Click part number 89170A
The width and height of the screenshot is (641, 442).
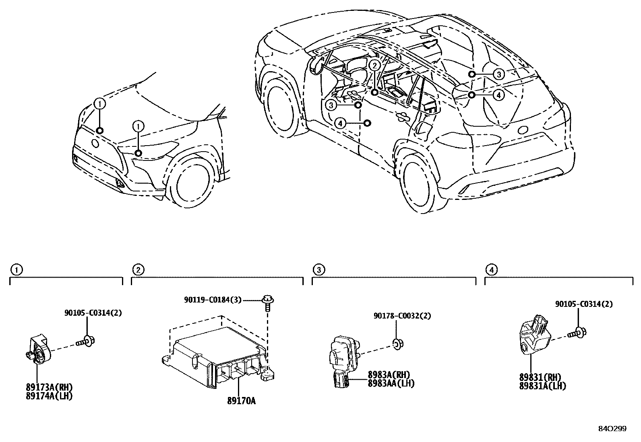[x=241, y=401]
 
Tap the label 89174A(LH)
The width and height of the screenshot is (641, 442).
[x=49, y=396]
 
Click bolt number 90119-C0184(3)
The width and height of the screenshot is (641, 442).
[x=213, y=300]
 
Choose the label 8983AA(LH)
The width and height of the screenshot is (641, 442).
[x=391, y=384]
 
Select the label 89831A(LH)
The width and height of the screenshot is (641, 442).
[x=542, y=386]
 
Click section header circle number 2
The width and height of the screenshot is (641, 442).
[x=138, y=269]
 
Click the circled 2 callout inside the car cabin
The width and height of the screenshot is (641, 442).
[x=374, y=65]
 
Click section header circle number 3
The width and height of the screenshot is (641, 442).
[x=318, y=269]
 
